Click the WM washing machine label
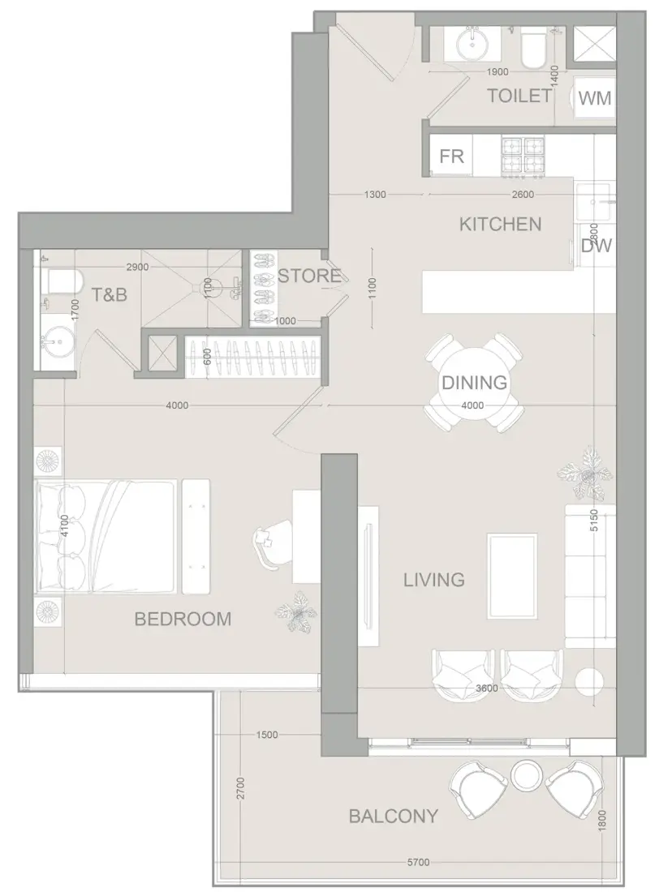click(x=595, y=98)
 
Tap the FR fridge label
click(x=451, y=156)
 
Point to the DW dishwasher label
click(x=597, y=246)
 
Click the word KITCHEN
click(x=501, y=224)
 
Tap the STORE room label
click(x=309, y=276)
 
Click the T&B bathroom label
click(x=110, y=294)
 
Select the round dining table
click(x=474, y=382)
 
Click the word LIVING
click(x=434, y=581)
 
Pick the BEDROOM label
click(x=183, y=619)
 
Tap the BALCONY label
click(x=394, y=817)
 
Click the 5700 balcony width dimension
click(x=419, y=863)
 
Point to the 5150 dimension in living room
click(x=595, y=520)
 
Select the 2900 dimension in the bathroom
click(x=137, y=267)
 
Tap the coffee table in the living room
click(x=512, y=577)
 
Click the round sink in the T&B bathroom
click(x=56, y=341)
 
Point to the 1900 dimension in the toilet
click(x=498, y=72)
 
